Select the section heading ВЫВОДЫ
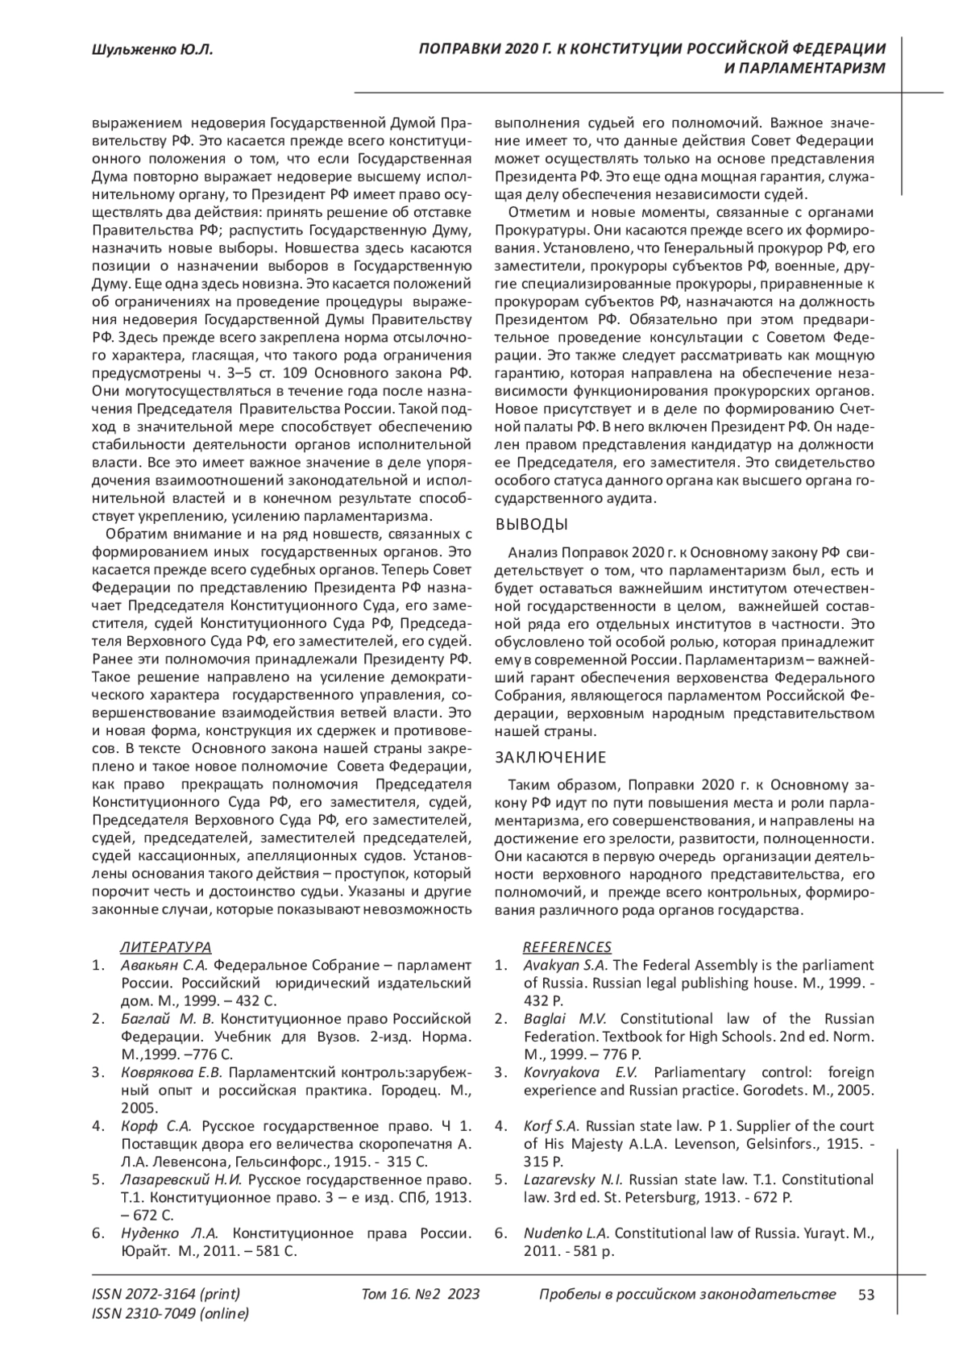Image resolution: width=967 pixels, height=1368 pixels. click(531, 525)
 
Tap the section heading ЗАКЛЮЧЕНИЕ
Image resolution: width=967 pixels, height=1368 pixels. click(550, 757)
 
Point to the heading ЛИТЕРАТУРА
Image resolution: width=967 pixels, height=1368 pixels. click(165, 946)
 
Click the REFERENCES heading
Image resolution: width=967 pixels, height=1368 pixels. click(567, 946)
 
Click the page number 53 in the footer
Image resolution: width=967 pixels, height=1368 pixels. click(866, 1294)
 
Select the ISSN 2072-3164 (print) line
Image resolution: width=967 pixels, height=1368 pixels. click(166, 1294)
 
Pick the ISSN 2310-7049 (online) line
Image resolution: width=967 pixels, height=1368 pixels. click(171, 1313)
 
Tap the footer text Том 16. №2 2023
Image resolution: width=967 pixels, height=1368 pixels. click(421, 1294)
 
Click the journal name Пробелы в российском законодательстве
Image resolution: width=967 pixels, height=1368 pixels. click(686, 1294)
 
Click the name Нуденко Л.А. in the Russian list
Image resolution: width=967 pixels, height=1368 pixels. click(170, 1233)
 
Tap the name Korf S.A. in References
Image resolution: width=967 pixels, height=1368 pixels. click(552, 1125)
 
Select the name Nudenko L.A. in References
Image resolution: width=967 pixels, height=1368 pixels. click(567, 1233)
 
